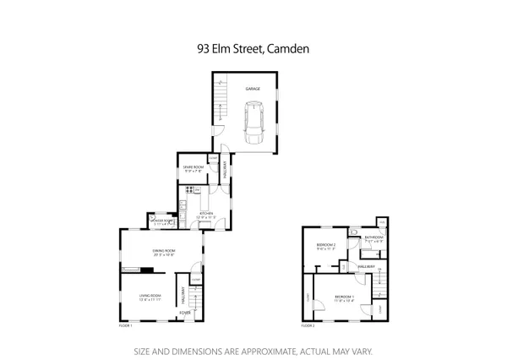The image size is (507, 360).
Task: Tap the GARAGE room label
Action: pyautogui.click(x=252, y=88)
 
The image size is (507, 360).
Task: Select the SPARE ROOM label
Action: pyautogui.click(x=194, y=167)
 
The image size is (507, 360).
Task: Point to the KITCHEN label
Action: pyautogui.click(x=205, y=213)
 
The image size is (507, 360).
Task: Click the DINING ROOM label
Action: pyautogui.click(x=163, y=251)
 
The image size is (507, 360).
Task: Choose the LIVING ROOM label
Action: pyautogui.click(x=150, y=294)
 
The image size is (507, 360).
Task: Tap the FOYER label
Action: pyautogui.click(x=184, y=313)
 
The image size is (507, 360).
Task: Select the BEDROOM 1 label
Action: pyautogui.click(x=344, y=297)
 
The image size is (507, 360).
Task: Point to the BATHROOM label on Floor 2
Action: pyautogui.click(x=374, y=237)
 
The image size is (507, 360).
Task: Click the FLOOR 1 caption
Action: pyautogui.click(x=127, y=325)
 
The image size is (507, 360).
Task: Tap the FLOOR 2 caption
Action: pyautogui.click(x=308, y=325)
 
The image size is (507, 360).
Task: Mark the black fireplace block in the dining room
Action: pyautogui.click(x=148, y=271)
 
